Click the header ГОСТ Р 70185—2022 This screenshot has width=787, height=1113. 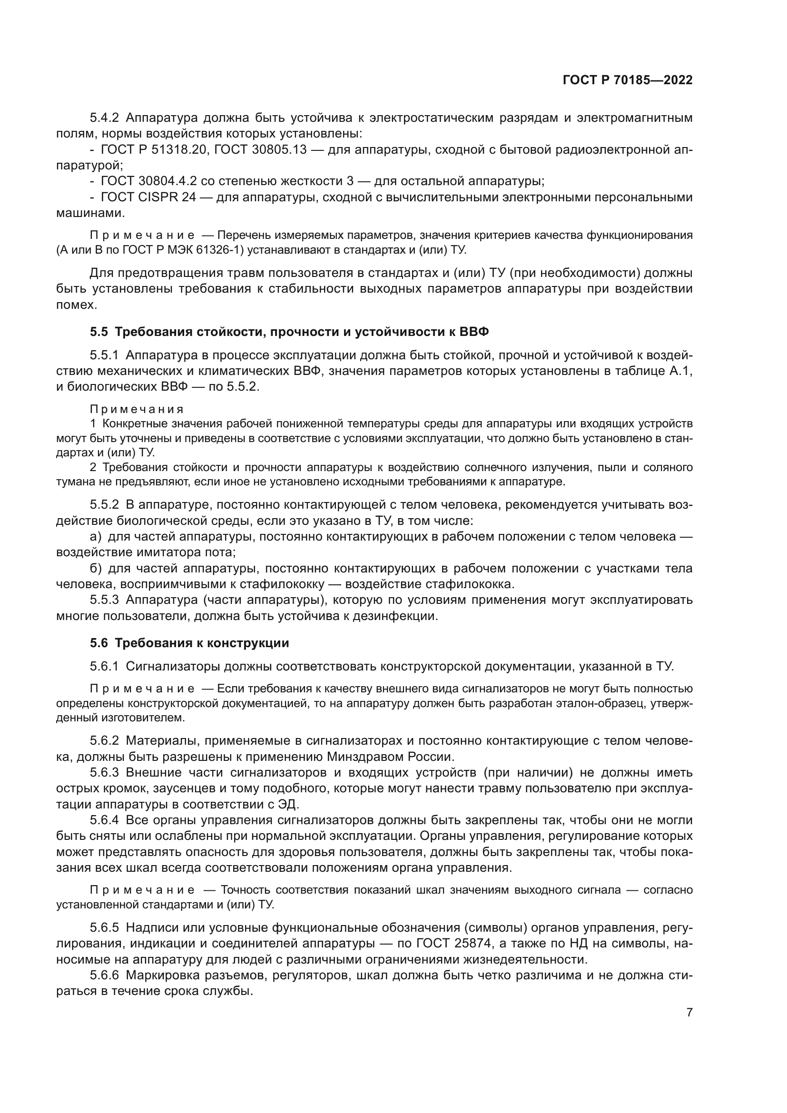[x=628, y=80]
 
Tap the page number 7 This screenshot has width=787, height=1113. [x=689, y=1026]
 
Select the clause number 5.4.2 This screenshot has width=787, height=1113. [x=104, y=118]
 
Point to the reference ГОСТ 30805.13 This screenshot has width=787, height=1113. [x=260, y=150]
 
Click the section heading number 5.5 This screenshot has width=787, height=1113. [x=98, y=332]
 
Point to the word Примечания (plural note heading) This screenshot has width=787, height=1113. [x=137, y=409]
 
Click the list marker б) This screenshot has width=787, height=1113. [x=96, y=568]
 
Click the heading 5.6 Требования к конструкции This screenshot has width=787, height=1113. [x=189, y=643]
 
